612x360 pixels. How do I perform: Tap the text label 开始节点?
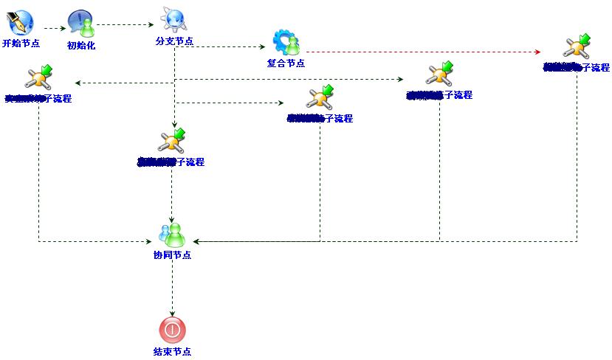coord(21,44)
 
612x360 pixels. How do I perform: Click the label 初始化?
coord(81,46)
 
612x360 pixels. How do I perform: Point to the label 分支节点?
coord(174,41)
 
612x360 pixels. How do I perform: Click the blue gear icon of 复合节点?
coord(286,43)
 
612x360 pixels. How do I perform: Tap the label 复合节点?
coord(286,63)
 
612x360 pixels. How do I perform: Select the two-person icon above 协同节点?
coord(173,235)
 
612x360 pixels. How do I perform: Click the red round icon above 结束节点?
coord(172,329)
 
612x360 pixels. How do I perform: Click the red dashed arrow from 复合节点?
coord(421,52)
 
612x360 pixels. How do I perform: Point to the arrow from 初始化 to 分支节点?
coord(126,24)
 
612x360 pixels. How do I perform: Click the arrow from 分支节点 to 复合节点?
coord(221,46)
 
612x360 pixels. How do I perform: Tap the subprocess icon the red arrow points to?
coord(576,46)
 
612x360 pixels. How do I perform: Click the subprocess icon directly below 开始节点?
coord(38,77)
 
